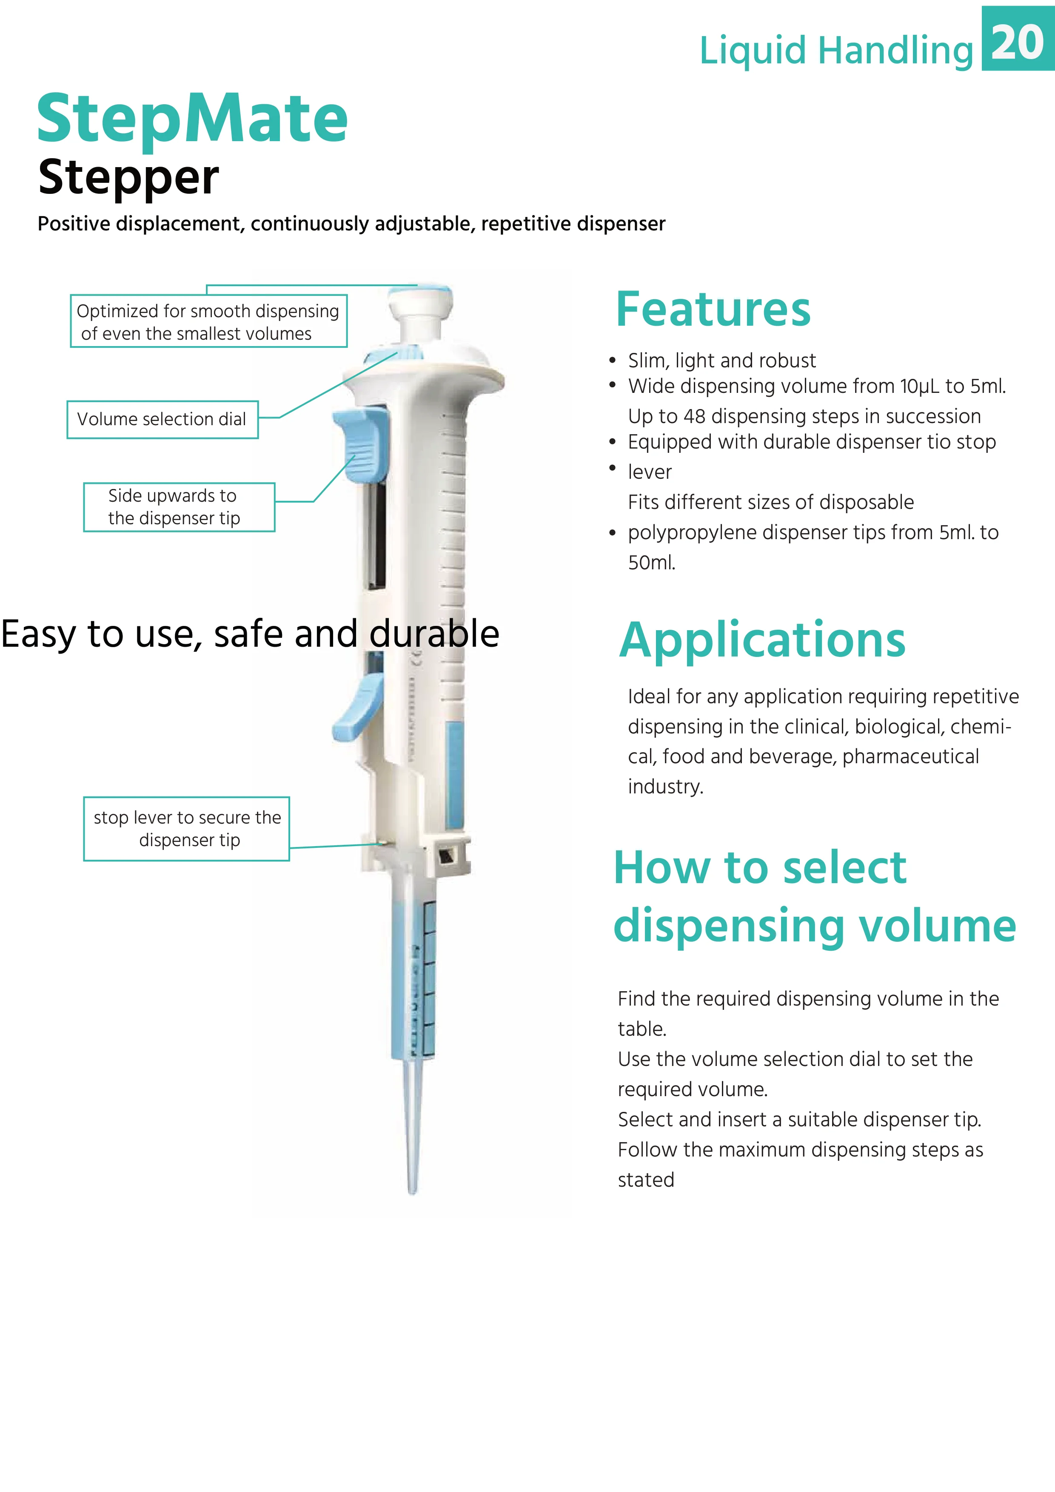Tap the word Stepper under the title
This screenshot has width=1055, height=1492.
tap(129, 177)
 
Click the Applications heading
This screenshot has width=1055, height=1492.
tap(762, 640)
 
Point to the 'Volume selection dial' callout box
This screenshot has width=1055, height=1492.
tap(163, 419)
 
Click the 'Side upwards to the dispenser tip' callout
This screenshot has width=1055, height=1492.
tap(179, 507)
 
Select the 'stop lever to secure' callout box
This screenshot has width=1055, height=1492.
tap(187, 829)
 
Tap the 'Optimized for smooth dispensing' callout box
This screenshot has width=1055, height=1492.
tap(208, 322)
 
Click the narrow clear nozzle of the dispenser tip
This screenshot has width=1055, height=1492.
tap(412, 1131)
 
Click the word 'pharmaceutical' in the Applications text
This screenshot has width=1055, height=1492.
tap(910, 756)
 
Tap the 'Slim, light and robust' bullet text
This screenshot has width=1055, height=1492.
tap(721, 360)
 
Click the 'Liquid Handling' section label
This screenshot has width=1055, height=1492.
tap(836, 51)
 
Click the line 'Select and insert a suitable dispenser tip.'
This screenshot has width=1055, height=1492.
tap(799, 1119)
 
